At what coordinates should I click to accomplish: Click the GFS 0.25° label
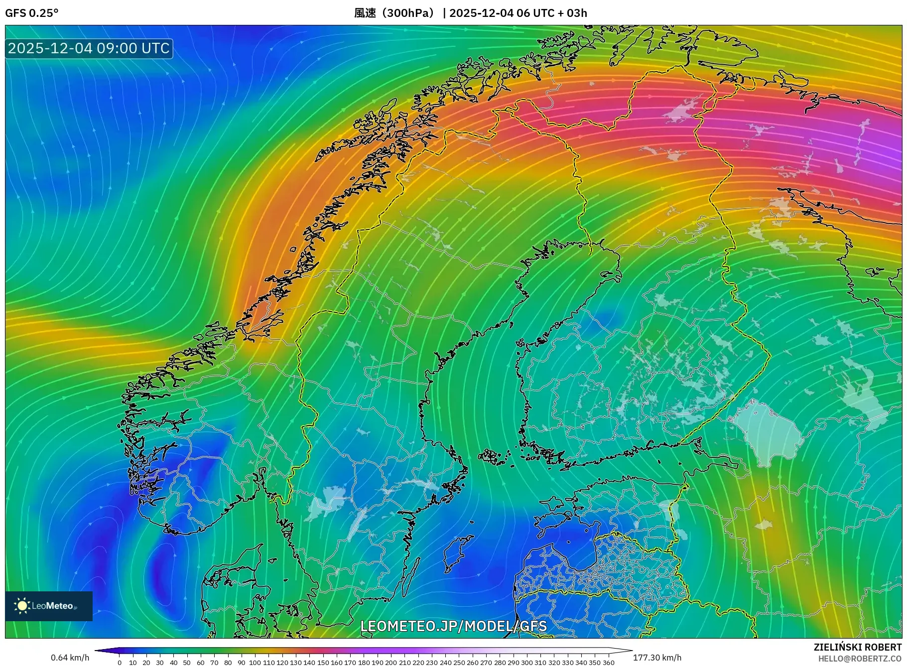click(31, 13)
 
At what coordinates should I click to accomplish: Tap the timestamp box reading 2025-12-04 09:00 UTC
click(89, 48)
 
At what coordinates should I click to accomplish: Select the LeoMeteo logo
click(48, 606)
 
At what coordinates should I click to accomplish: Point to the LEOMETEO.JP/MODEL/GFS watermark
click(453, 626)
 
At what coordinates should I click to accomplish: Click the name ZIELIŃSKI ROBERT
click(857, 647)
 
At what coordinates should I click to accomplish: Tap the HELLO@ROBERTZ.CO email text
click(859, 659)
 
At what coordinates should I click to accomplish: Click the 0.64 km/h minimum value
click(70, 658)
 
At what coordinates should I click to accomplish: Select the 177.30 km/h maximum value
click(657, 658)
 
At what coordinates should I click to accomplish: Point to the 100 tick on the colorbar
click(255, 663)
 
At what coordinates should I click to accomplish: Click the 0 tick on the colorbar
click(120, 663)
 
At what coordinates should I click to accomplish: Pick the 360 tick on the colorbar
click(608, 663)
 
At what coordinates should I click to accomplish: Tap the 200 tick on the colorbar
click(391, 663)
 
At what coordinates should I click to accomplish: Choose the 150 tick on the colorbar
click(323, 663)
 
